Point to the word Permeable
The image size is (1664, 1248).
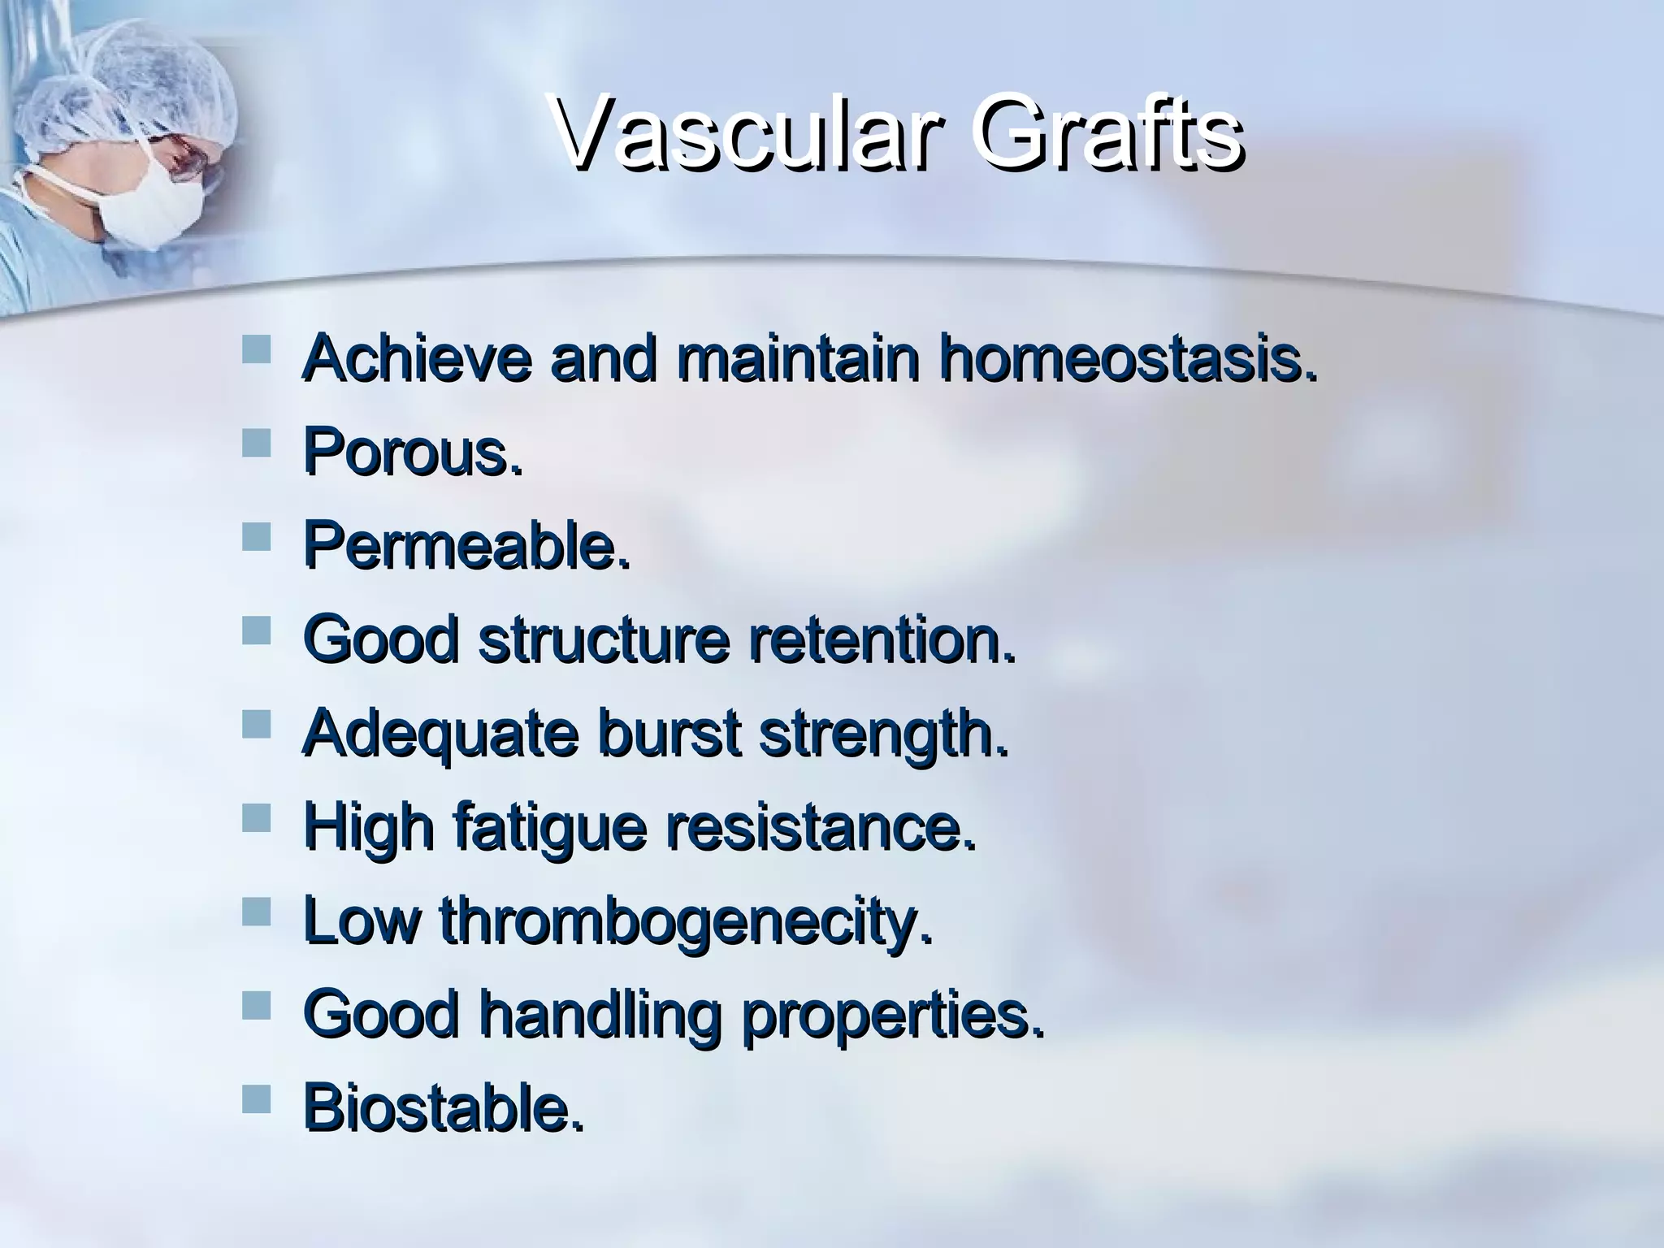click(x=466, y=546)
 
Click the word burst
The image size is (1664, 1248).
click(x=668, y=733)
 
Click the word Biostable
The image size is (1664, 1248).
click(x=443, y=1108)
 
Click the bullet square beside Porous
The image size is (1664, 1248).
click(x=256, y=444)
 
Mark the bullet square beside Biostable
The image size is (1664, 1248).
click(x=256, y=1100)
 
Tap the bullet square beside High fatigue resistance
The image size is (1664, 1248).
click(x=256, y=818)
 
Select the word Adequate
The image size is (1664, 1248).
click(x=440, y=733)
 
